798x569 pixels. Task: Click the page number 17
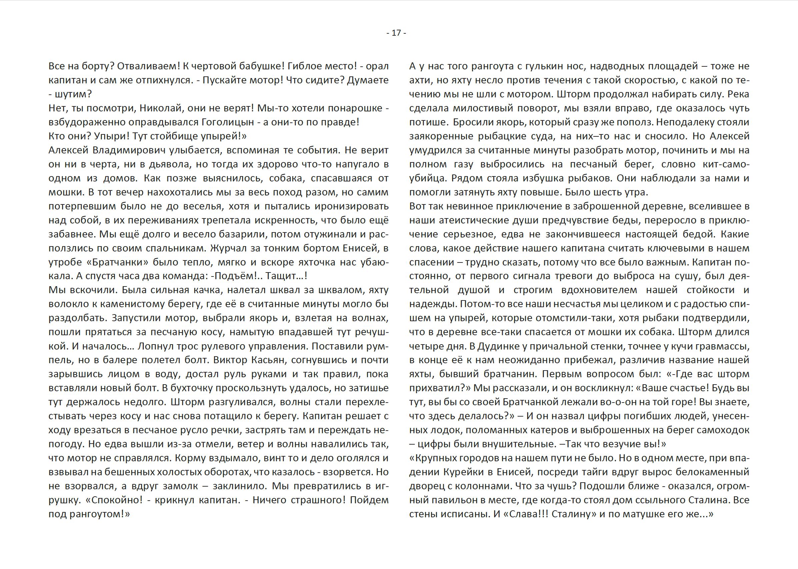(396, 33)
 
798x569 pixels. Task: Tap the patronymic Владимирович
(129, 150)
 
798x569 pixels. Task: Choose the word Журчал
(228, 248)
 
